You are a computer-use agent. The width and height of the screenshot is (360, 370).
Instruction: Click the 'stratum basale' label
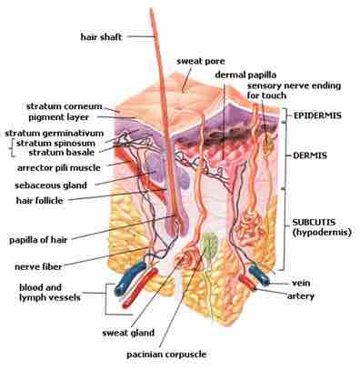[67, 152]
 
